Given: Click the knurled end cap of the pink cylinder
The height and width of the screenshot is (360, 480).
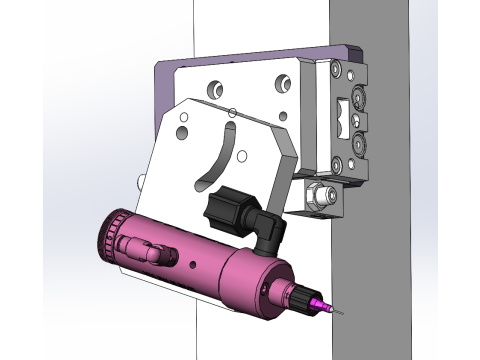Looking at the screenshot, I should click(106, 237).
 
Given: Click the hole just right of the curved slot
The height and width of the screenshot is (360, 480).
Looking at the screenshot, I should click(241, 155).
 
